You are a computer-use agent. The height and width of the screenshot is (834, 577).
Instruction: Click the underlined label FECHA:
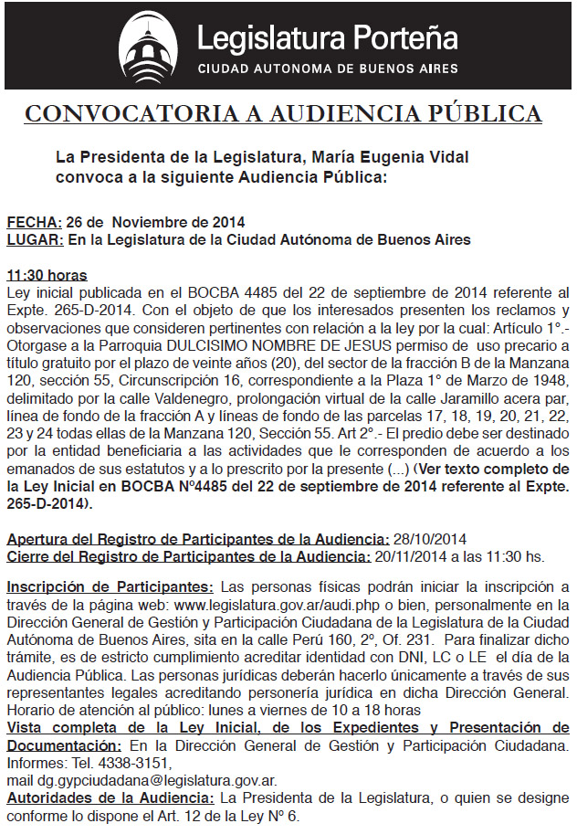tap(35, 223)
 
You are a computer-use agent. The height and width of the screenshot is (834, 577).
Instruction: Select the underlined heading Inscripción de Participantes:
tap(110, 586)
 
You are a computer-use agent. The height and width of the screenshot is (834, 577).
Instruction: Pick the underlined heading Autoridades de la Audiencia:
tap(110, 797)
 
